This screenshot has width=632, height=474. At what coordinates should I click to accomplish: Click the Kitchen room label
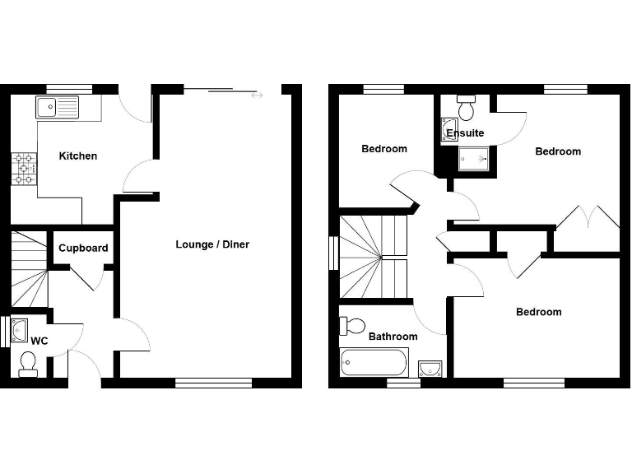coord(78,156)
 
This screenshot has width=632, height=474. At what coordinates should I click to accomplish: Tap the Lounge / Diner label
coord(212,244)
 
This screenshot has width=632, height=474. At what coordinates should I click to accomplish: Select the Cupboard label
coord(83,248)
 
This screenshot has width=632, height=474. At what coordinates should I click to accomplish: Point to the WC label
coord(39,340)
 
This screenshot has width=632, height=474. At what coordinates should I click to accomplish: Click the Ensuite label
coord(466,132)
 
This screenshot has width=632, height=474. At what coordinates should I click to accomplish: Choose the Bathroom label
coord(393,337)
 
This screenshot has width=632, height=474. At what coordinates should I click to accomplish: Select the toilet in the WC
coord(28,363)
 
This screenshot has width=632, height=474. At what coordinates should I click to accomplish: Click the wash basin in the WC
coord(20,329)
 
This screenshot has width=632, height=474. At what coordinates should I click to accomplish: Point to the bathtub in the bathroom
coord(374,361)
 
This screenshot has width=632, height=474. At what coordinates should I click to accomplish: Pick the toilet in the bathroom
coord(353,326)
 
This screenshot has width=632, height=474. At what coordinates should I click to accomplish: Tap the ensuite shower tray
coord(473,157)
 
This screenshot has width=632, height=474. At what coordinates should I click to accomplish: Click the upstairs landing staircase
coord(374,258)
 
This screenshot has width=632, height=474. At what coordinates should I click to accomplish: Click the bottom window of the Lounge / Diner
coord(213,383)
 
